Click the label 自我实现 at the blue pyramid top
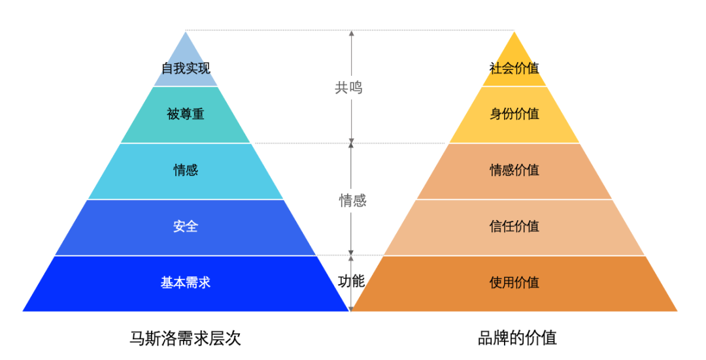(186, 69)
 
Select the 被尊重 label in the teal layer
(186, 114)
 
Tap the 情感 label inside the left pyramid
(186, 170)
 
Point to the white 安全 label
(186, 226)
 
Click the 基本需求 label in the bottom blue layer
(186, 283)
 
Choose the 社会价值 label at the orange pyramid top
(514, 69)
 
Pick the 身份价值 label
(514, 114)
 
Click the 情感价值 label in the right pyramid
(514, 170)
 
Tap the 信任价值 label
(514, 226)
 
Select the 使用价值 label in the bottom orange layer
(514, 283)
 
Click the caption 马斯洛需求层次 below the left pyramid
(186, 338)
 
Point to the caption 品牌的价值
(517, 338)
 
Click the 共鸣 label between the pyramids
(348, 88)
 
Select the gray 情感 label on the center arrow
(352, 200)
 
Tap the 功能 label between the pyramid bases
(351, 281)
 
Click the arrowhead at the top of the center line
(351, 33)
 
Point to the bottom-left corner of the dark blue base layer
(22, 311)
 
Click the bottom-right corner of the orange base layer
(678, 311)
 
